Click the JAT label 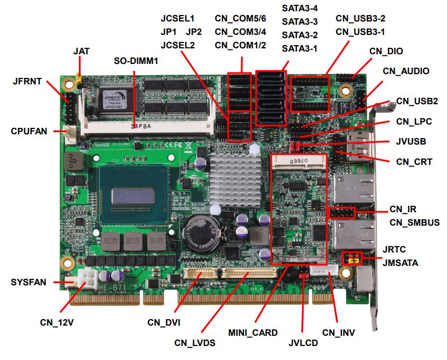(x=82, y=52)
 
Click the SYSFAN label (x=28, y=282)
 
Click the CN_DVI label (x=164, y=322)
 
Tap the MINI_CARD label (x=253, y=333)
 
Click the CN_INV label (x=338, y=333)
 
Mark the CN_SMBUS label (x=415, y=222)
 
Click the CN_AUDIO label (x=406, y=71)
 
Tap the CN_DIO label (x=386, y=51)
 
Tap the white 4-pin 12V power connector (x=88, y=279)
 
